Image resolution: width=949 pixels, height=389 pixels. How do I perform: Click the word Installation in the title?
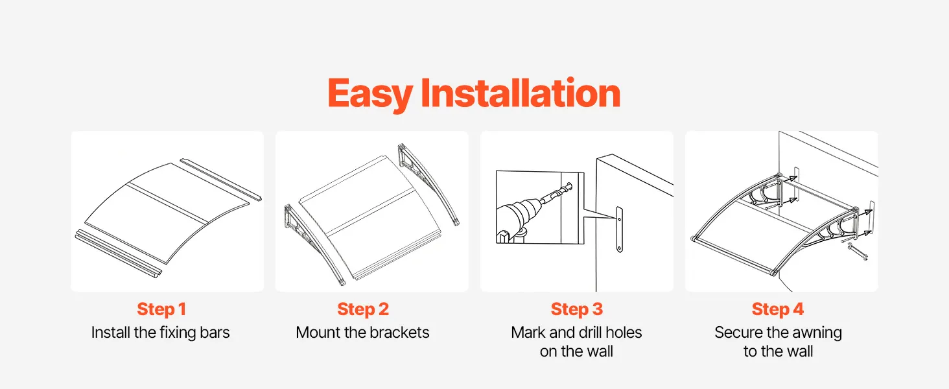click(x=521, y=93)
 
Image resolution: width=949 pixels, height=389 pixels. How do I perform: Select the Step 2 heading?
click(x=363, y=309)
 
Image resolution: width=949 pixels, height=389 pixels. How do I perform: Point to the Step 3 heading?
click(x=577, y=309)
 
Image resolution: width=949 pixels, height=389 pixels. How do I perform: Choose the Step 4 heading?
click(x=778, y=309)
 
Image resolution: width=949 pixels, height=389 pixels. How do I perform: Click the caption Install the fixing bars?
click(x=161, y=332)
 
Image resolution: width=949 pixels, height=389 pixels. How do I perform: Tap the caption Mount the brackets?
click(x=362, y=332)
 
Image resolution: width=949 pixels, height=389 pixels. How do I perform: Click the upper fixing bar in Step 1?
click(x=221, y=180)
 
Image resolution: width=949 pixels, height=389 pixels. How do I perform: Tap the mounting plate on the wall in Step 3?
click(x=619, y=230)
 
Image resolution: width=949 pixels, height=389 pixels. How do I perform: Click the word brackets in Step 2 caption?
click(x=399, y=332)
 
